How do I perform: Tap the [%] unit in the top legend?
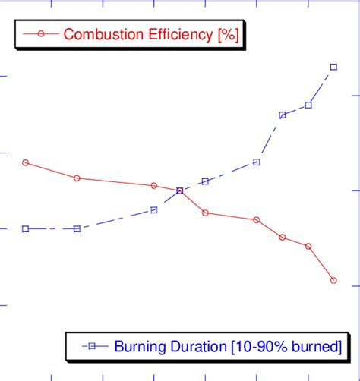229,34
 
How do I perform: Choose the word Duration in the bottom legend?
196,347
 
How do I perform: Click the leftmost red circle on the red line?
26,162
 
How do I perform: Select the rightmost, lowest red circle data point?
334,281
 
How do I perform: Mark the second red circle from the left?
77,178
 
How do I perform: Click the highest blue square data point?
334,67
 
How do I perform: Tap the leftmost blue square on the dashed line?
26,228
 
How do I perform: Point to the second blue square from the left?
77,228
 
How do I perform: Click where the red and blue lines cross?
180,190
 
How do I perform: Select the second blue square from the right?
308,105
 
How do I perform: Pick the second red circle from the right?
308,246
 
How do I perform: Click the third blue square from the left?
154,209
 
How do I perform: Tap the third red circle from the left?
154,185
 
